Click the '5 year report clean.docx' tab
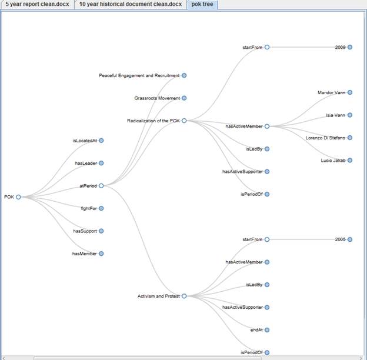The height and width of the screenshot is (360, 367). point(36,5)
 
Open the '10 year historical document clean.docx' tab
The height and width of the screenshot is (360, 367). point(130,5)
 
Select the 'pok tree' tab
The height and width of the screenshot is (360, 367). point(202,5)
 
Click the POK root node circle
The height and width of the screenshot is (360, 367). point(18,197)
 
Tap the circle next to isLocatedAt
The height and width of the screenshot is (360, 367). point(101,141)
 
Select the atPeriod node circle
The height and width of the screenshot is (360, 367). point(101,186)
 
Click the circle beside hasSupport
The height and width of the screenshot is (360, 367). point(101,231)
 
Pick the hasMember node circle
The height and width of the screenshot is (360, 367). point(101,254)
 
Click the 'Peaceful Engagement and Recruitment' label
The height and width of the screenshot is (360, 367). point(139,75)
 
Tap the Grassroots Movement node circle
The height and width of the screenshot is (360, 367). point(184,98)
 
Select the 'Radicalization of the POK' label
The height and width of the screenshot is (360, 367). point(153,121)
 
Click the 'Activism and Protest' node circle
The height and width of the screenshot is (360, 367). point(184,296)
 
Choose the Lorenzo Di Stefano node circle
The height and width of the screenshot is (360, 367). point(349,138)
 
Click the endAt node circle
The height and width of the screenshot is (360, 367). point(266,330)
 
